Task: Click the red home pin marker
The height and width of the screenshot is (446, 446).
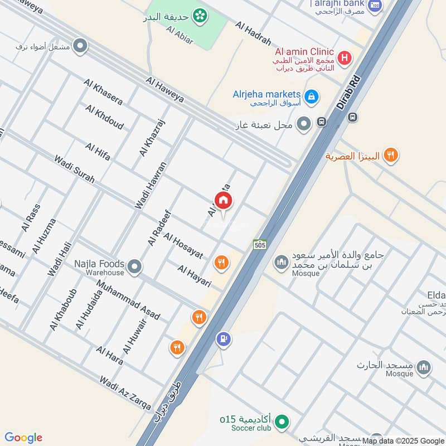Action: click(x=224, y=201)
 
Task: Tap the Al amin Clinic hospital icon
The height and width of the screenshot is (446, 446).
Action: click(x=345, y=57)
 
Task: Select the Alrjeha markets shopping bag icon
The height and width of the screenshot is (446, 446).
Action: click(x=312, y=96)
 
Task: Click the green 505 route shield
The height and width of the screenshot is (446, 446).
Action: click(x=260, y=244)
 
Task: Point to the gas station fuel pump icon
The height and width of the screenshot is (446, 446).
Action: click(x=224, y=338)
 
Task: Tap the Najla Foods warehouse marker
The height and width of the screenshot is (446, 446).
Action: click(x=134, y=268)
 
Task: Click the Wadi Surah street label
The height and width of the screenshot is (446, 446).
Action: click(x=74, y=169)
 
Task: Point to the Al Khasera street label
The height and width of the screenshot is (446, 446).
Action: click(x=103, y=91)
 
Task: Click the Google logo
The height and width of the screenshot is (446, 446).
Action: click(x=23, y=438)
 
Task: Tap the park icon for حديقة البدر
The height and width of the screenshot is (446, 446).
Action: click(x=198, y=16)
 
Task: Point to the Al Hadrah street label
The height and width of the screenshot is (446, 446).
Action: click(x=253, y=34)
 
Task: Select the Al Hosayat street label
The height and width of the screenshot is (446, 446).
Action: click(x=183, y=245)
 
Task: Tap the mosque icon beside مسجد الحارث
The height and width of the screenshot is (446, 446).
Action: click(x=424, y=367)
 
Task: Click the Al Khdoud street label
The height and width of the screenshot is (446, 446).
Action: click(x=104, y=117)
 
